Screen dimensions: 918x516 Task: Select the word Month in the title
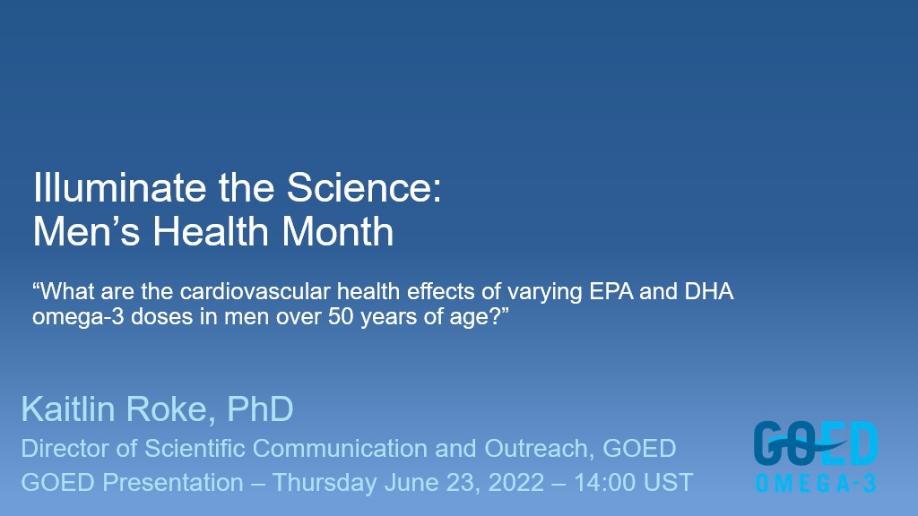338,231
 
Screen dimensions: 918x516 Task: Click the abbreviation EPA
611,291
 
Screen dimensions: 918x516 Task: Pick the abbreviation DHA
708,291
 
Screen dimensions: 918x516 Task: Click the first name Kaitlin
69,408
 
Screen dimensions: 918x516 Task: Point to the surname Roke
166,408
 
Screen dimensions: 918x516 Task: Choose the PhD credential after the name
260,408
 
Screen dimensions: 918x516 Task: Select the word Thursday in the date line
325,483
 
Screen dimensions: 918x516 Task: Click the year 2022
515,483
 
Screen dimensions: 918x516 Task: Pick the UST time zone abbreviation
668,483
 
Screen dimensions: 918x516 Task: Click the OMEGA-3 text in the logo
816,484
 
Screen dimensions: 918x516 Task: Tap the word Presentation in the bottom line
173,483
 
